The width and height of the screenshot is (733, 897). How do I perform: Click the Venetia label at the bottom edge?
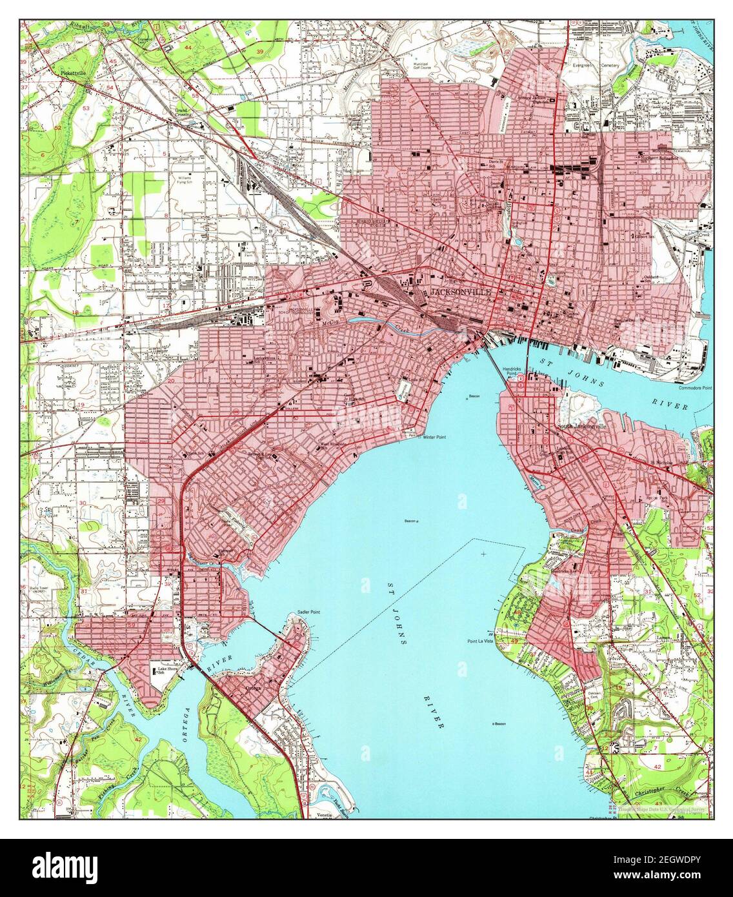tap(325, 816)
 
